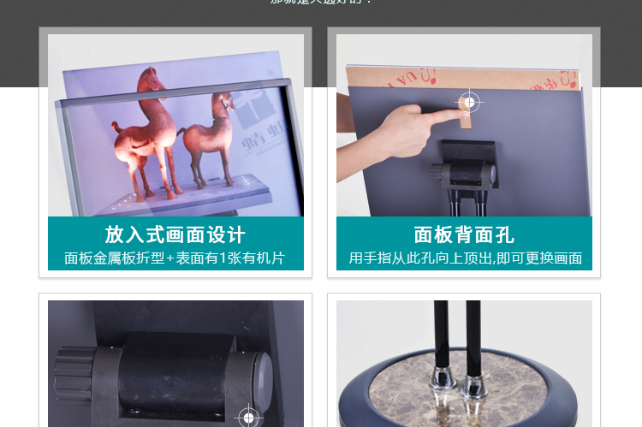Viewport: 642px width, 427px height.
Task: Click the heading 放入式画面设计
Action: (175, 234)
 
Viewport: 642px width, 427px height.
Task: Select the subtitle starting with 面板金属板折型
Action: (175, 258)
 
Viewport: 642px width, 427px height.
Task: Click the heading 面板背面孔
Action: (464, 234)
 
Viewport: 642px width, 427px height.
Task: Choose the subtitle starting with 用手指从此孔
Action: (465, 258)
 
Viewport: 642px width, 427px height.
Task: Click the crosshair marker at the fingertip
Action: (468, 103)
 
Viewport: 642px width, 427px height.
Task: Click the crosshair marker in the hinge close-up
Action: (249, 418)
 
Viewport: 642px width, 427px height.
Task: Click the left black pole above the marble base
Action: (442, 334)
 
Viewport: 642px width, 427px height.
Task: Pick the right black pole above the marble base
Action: (472, 334)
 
